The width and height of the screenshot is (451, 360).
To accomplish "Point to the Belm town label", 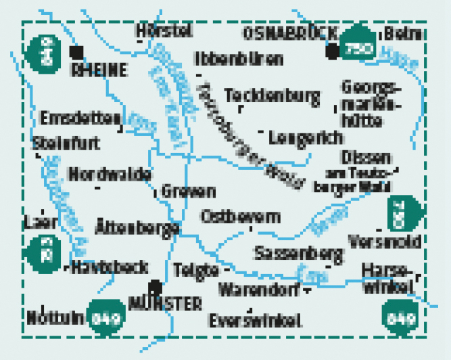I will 403,34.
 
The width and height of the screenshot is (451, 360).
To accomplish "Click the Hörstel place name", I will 164,31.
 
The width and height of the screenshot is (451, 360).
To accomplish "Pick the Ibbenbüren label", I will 238,59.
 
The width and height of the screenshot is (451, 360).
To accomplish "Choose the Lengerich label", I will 305,137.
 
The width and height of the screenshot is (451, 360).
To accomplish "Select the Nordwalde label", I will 110,175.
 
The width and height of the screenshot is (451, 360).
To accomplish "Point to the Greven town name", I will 188,192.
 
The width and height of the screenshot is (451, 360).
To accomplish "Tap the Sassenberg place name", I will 298,253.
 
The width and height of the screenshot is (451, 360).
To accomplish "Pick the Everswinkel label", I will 254,321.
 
